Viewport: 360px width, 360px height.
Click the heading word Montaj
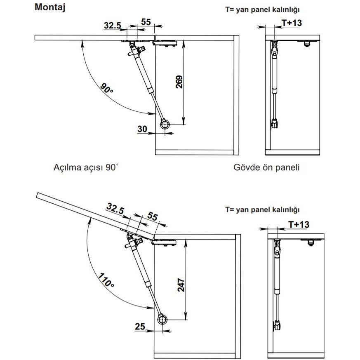point(50,7)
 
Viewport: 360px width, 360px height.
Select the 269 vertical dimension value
point(179,84)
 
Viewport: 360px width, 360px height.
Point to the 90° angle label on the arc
point(107,88)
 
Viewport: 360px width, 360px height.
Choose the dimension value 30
point(142,129)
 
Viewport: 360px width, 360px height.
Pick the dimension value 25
point(140,327)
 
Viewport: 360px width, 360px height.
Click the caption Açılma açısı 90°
point(86,168)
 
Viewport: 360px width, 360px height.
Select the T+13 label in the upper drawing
point(292,23)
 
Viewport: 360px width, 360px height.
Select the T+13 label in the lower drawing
point(299,224)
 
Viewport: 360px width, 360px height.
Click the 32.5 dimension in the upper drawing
point(113,26)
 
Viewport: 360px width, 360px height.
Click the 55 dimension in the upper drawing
point(146,22)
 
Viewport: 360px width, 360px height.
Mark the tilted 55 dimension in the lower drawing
point(153,217)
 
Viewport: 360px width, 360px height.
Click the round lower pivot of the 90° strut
point(165,125)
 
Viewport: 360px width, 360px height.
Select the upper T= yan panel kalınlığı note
point(262,9)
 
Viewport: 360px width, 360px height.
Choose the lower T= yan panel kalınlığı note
point(262,209)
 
